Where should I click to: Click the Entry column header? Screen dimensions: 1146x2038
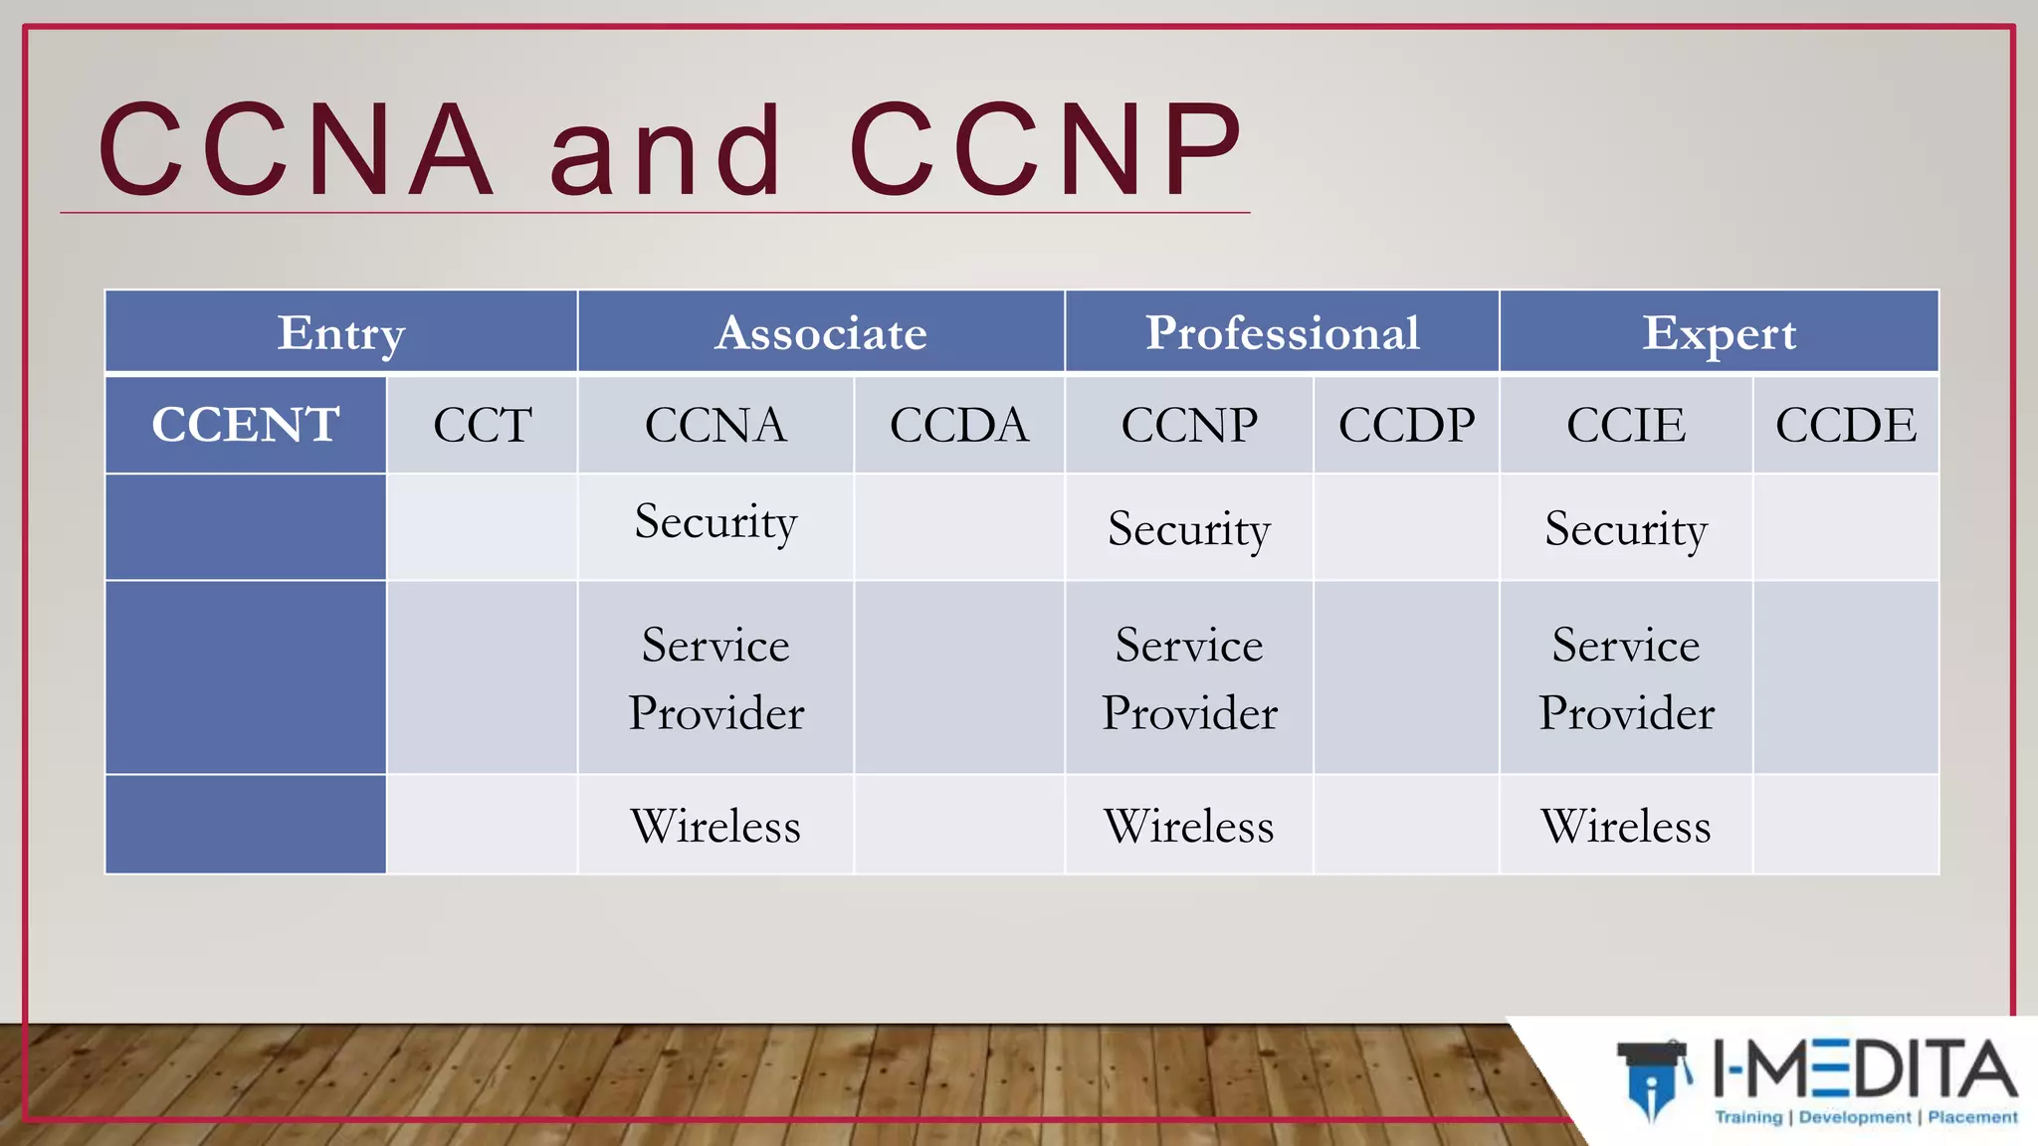(x=341, y=332)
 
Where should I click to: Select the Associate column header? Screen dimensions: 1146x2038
(x=821, y=332)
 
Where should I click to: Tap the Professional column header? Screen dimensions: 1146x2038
(x=1282, y=332)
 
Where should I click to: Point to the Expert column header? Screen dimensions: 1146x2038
(x=1719, y=332)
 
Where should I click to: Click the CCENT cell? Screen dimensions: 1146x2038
(x=246, y=425)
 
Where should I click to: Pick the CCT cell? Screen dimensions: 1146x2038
(x=483, y=425)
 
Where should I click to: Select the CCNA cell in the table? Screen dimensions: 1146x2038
(x=715, y=425)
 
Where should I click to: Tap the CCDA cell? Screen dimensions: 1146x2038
(x=958, y=425)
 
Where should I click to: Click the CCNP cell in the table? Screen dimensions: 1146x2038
(x=1189, y=425)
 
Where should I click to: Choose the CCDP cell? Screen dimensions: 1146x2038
(x=1406, y=425)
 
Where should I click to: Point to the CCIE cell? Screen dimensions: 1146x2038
(x=1626, y=425)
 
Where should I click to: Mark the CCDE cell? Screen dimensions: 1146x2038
(x=1846, y=425)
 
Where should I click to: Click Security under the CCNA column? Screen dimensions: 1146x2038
(x=715, y=523)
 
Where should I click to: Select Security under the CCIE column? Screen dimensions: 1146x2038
(x=1626, y=529)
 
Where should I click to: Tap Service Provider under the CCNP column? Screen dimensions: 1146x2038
(x=1189, y=678)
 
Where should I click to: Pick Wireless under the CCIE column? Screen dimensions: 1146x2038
(x=1626, y=826)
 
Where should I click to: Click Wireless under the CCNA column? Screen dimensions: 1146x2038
(x=715, y=826)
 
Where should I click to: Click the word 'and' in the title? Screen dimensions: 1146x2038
(x=666, y=151)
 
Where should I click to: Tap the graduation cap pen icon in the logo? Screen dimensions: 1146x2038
(x=1653, y=1079)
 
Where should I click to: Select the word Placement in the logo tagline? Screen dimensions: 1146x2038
(x=1972, y=1117)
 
